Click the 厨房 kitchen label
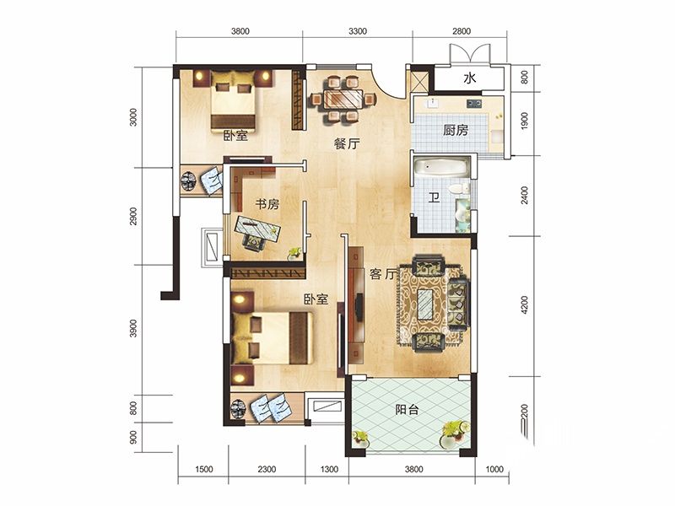(x=456, y=130)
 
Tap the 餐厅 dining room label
(x=347, y=143)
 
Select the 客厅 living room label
(x=382, y=273)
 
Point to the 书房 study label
(x=267, y=204)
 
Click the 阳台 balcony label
(x=407, y=409)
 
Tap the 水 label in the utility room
(x=470, y=78)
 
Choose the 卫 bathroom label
(x=434, y=197)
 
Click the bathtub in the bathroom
(x=441, y=167)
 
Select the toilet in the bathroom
(x=459, y=188)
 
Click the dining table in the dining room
(x=343, y=100)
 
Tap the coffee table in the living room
(x=425, y=304)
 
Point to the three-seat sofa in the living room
(x=458, y=304)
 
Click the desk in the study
(x=258, y=227)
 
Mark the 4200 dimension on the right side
(x=524, y=304)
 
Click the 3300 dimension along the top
(x=358, y=31)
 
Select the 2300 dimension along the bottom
(x=267, y=469)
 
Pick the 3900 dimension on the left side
(x=133, y=328)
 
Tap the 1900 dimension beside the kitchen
(x=524, y=121)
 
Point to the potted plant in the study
(x=294, y=253)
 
